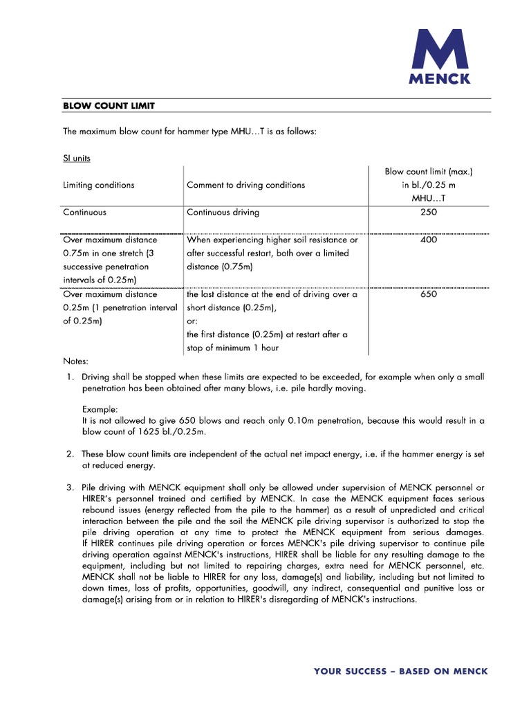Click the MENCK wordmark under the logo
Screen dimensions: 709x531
pos(440,79)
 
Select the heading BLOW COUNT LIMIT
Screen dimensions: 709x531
pos(109,105)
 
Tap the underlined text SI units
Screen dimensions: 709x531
pos(77,158)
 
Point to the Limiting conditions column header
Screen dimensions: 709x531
pos(98,185)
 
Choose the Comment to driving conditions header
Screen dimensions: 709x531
pos(245,185)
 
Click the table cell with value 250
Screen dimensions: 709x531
pos(429,213)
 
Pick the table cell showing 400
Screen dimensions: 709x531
pos(429,240)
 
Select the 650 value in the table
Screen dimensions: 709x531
pos(429,294)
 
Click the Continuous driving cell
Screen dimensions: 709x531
pos(223,213)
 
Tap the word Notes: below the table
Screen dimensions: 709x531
pos(76,361)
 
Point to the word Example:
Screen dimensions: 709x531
pos(100,409)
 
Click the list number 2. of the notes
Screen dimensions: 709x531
pos(71,454)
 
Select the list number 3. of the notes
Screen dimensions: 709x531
pos(71,487)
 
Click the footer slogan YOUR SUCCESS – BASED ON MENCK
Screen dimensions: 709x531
pos(400,671)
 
